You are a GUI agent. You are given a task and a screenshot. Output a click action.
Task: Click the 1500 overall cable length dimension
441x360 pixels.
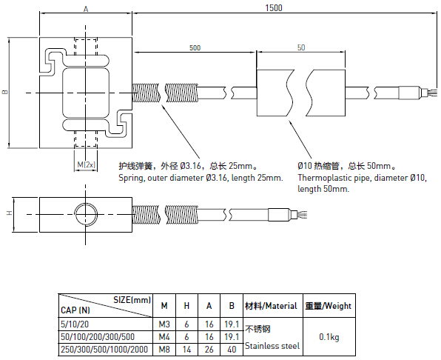pyautogui.click(x=274, y=8)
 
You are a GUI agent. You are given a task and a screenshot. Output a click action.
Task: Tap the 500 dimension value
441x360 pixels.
pyautogui.click(x=195, y=47)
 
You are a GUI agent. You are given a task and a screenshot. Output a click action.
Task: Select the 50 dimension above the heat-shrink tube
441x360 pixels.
pyautogui.click(x=301, y=47)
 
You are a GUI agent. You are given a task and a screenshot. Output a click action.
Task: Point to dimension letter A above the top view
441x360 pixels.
pyautogui.click(x=86, y=9)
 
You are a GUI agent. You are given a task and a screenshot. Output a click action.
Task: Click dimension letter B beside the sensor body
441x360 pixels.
pyautogui.click(x=5, y=92)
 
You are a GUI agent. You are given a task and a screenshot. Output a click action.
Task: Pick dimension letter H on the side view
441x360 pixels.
pyautogui.click(x=10, y=213)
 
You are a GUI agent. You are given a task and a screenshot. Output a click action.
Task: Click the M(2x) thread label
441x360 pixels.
pyautogui.click(x=87, y=164)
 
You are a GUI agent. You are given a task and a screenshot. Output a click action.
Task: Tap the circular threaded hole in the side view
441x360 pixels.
pyautogui.click(x=86, y=214)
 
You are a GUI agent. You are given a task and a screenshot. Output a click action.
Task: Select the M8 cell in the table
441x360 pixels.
pyautogui.click(x=164, y=350)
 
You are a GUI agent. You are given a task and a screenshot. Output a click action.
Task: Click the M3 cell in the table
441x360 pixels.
pyautogui.click(x=164, y=324)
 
